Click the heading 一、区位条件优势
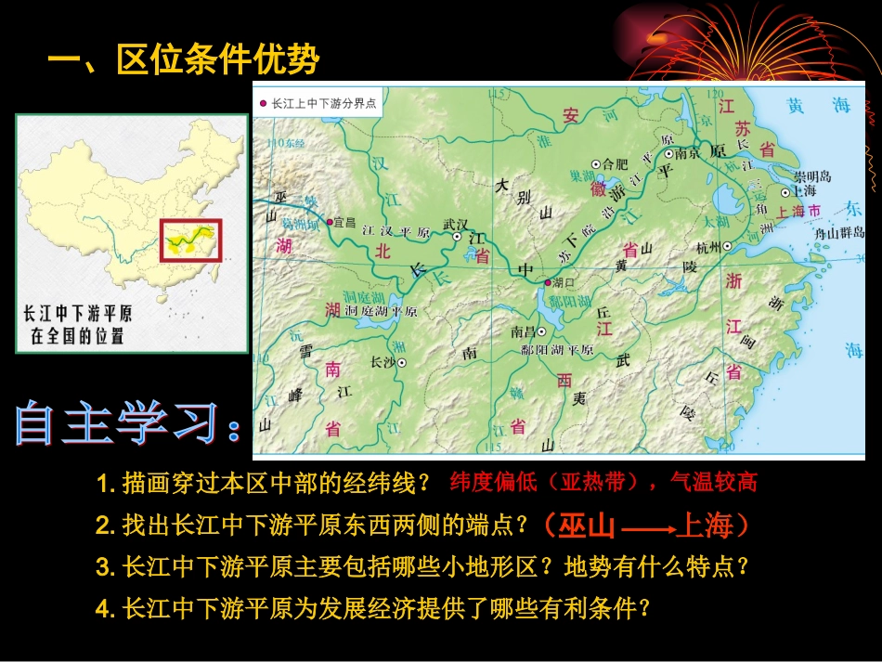tap(183, 60)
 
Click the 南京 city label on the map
tap(688, 154)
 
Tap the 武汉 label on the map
tap(457, 224)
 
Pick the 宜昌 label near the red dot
tap(345, 222)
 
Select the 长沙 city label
tap(383, 362)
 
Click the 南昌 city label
tap(524, 331)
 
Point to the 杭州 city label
tap(708, 246)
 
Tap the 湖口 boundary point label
tap(564, 281)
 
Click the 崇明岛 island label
tap(812, 176)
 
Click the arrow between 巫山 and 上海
tap(646, 529)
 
